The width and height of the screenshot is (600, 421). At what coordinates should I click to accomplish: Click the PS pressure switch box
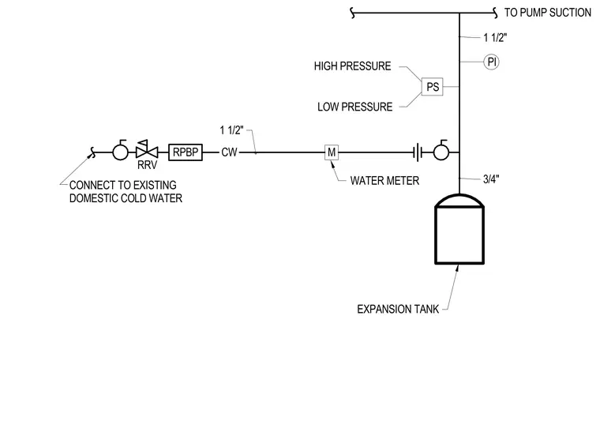pos(432,87)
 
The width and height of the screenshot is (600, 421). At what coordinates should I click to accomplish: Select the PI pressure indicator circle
pos(491,62)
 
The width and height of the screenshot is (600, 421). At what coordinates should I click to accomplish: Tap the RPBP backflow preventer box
pos(186,152)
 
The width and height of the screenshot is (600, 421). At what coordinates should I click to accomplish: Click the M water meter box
pos(332,152)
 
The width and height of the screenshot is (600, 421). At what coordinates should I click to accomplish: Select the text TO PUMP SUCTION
pos(548,13)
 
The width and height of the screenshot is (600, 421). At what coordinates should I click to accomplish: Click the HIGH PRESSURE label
pos(352,66)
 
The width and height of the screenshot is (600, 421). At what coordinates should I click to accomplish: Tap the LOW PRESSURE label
pos(354,107)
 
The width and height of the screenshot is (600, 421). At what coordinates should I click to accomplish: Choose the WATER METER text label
pos(384,181)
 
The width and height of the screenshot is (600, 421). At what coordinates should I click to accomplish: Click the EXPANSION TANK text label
pos(398,310)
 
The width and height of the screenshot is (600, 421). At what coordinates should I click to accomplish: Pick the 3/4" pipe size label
pos(491,179)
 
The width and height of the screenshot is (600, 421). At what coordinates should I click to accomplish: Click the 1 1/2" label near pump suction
pos(495,37)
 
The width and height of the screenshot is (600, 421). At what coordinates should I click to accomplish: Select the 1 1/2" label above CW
pos(231,130)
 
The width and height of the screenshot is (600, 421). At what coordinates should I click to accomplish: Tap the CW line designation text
pos(229,152)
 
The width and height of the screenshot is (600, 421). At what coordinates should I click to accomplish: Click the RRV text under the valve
pos(148,165)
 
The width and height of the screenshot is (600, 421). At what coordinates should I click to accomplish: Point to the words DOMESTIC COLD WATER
pos(126,198)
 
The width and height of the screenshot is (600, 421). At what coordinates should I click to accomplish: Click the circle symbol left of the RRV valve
pos(120,150)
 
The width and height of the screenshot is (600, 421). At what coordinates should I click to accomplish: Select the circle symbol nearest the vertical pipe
pos(441,150)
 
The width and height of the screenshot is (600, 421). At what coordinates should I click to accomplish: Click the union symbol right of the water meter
pos(418,152)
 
